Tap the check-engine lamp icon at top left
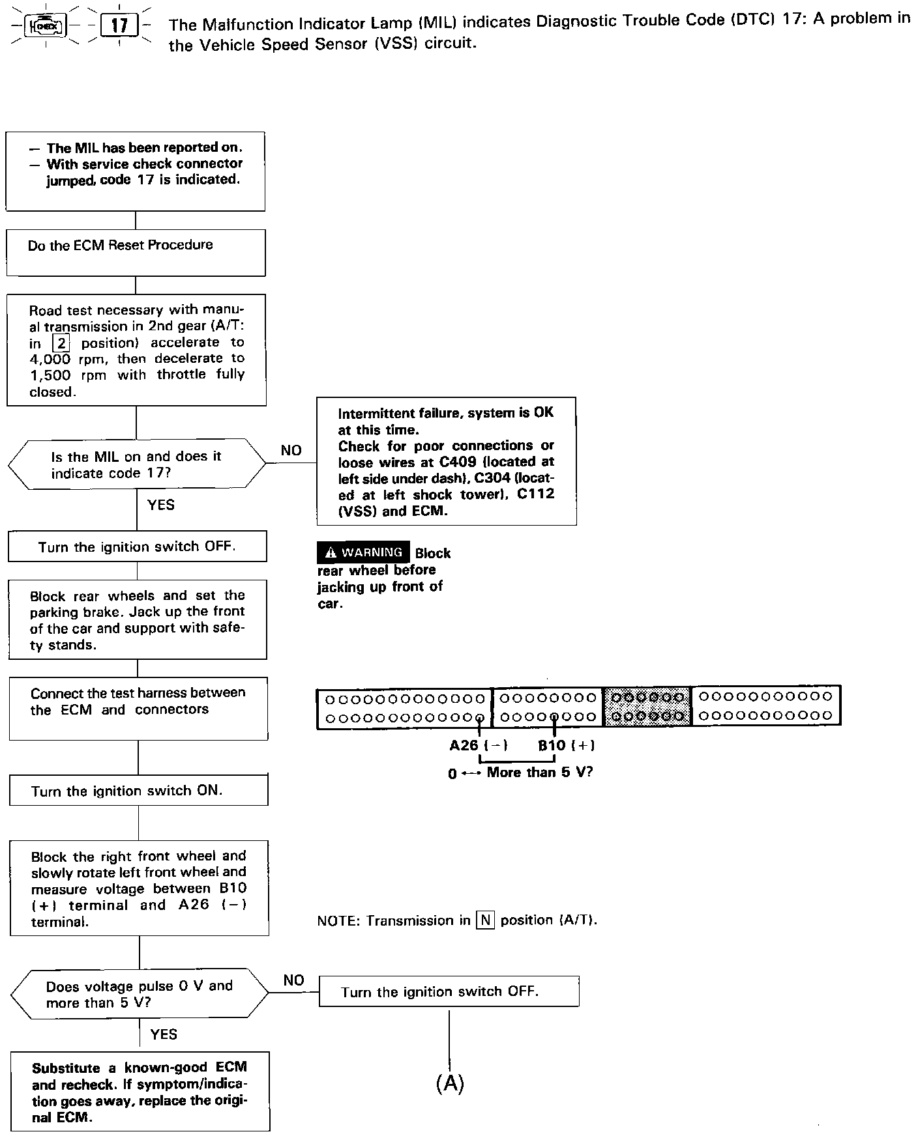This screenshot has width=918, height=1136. coord(45,27)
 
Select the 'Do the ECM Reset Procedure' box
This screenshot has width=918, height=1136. coord(136,252)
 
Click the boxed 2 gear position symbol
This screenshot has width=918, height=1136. coord(61,343)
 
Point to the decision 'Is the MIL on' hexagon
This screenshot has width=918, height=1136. coord(136,464)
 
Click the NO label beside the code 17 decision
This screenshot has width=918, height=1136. coord(291,450)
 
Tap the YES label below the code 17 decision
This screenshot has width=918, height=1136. coord(160,505)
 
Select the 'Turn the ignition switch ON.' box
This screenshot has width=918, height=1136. coord(138,790)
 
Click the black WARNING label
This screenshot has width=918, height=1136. coord(364,552)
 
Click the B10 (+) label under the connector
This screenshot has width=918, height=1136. coord(566,745)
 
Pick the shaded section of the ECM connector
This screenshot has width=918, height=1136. coord(646,707)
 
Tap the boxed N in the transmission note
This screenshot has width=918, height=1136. coord(485,920)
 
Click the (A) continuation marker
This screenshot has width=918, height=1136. coord(449,1083)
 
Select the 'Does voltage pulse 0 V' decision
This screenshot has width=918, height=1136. coord(139,994)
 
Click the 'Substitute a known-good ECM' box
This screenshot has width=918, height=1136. coord(140,1092)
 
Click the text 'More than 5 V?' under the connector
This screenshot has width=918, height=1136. coord(540,773)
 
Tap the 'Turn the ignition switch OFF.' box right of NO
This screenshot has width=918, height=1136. coord(449,991)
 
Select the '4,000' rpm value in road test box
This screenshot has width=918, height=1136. coord(50,359)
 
